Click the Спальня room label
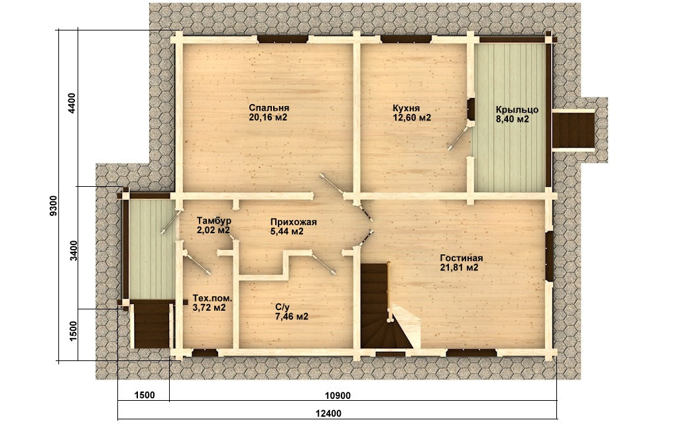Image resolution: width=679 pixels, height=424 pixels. pos(269,108)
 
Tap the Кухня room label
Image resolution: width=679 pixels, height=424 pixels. pos(406,108)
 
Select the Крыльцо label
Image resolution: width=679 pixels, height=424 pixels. pos(517,110)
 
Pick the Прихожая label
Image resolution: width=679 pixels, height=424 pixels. pos(294,222)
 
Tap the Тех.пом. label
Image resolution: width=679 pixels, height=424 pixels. pos(212,299)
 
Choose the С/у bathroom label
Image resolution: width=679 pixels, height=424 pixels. pos(282,307)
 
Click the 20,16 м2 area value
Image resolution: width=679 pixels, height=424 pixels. pos(269,117)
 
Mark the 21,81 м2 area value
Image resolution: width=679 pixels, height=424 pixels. pos(459,268)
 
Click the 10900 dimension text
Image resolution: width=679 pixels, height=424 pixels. pos(338,396)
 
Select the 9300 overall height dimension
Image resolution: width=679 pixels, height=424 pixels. pos(53,205)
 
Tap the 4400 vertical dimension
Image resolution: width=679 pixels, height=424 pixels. pos(72,103)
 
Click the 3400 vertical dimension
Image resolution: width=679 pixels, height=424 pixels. pos(74,251)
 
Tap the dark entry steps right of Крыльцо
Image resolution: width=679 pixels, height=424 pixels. pos(574,131)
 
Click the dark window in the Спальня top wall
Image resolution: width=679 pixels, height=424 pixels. pos(282,39)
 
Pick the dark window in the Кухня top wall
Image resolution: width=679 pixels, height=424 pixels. pos(406,39)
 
